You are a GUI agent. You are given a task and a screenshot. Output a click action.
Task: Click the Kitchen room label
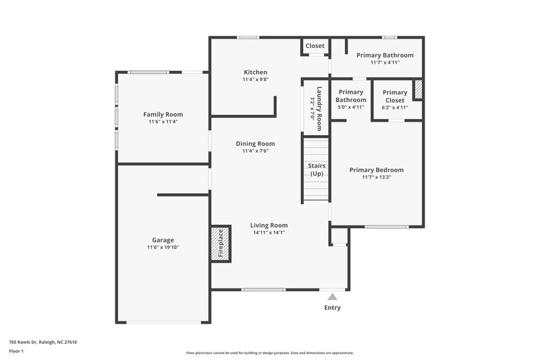[255, 72]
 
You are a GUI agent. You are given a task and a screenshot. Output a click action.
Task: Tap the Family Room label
[163, 114]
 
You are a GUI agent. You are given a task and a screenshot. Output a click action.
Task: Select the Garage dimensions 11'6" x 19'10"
[163, 247]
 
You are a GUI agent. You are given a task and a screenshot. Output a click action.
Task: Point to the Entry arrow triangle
[331, 296]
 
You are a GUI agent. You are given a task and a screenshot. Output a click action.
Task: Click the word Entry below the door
[331, 308]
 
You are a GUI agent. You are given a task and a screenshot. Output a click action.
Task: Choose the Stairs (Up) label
[316, 169]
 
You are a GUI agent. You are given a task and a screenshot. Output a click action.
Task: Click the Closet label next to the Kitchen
[315, 46]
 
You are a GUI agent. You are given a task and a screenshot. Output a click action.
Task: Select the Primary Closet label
[395, 96]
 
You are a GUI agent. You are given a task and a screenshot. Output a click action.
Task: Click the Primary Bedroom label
[376, 170]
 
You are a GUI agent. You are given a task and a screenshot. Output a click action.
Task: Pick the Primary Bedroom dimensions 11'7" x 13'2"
[376, 177]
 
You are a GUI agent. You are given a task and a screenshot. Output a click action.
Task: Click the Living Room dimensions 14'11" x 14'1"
[269, 232]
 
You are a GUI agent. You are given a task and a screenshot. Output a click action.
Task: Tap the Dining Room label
[255, 143]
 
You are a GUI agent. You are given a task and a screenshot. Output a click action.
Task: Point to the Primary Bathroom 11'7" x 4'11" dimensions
[385, 62]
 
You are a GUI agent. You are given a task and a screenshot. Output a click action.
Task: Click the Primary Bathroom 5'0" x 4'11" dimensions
[350, 107]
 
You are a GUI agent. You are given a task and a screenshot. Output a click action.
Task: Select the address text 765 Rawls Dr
[43, 342]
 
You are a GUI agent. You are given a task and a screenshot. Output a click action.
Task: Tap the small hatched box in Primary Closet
[418, 90]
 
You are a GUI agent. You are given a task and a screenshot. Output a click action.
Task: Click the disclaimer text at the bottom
[269, 353]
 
